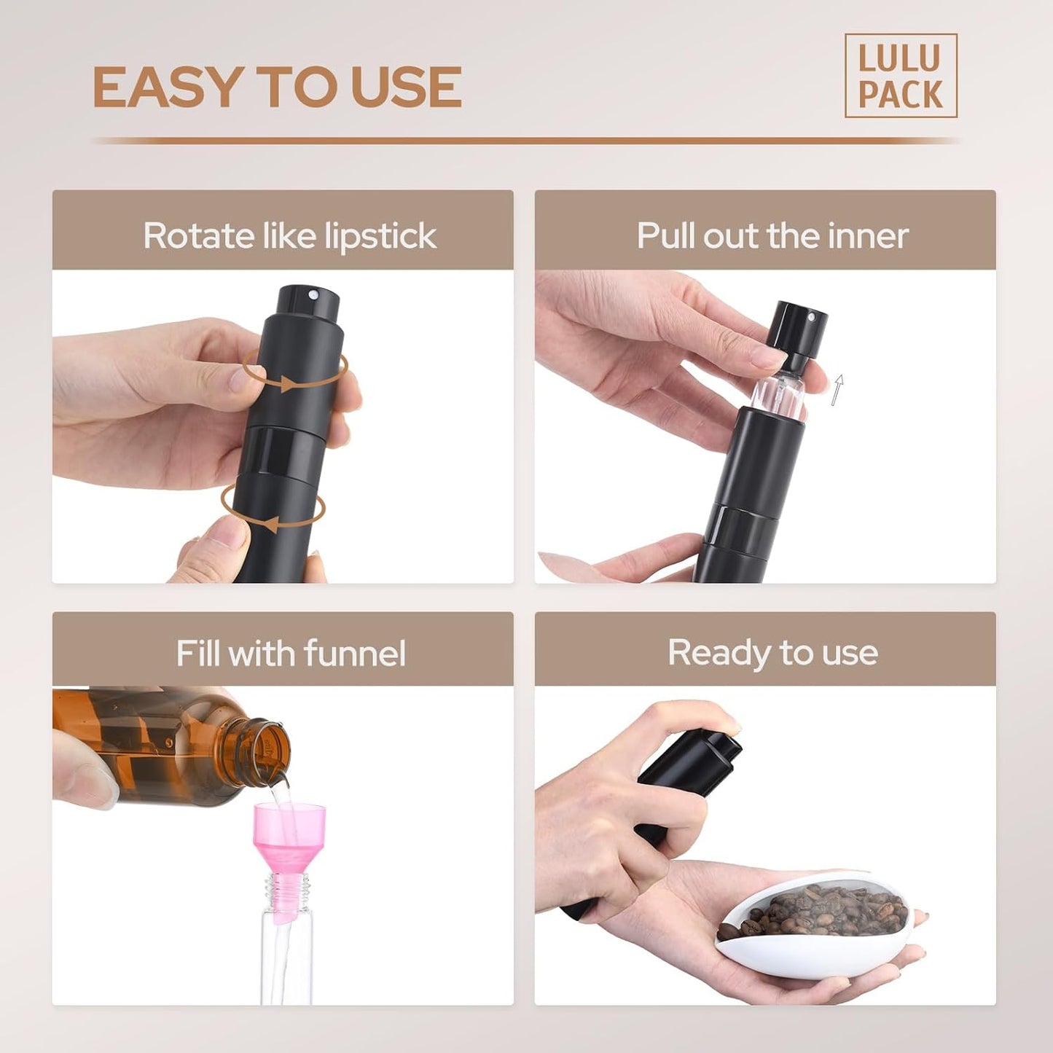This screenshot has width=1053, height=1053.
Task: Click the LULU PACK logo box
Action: click(900, 76)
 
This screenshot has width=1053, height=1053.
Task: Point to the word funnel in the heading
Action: click(355, 653)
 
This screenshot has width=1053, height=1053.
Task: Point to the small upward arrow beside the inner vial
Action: click(838, 389)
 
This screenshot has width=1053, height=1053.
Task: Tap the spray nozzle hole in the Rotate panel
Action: click(313, 295)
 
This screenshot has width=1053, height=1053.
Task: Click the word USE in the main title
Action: click(406, 87)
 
